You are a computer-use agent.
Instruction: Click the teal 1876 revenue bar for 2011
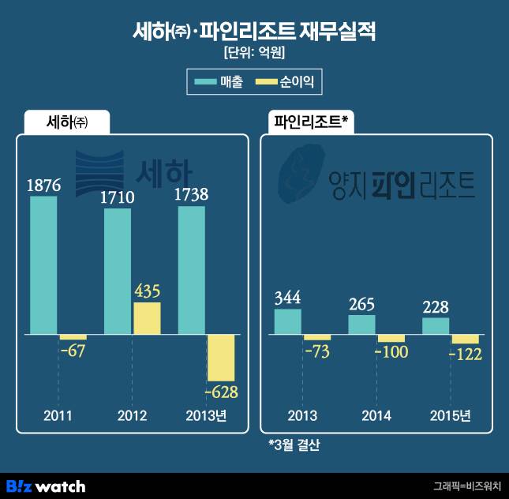[x=43, y=265]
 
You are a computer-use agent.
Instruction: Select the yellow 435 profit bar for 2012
[x=146, y=318]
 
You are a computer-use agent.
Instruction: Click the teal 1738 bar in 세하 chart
[x=192, y=270]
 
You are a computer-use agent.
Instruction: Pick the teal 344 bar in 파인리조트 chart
[x=287, y=321]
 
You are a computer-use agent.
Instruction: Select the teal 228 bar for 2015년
[x=436, y=326]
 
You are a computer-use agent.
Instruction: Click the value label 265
[x=361, y=305]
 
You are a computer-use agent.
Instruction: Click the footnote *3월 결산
[x=294, y=445]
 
